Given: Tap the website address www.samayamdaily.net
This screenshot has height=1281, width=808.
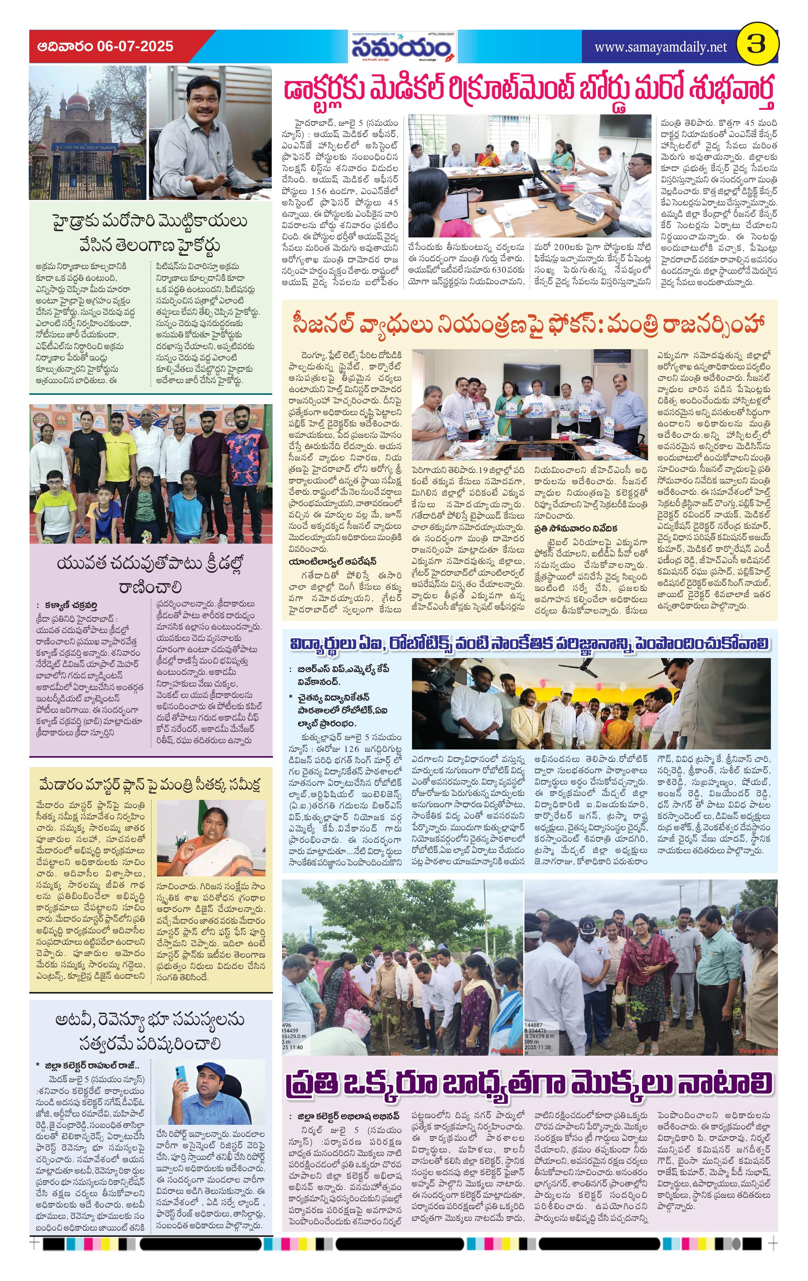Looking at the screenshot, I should pyautogui.click(x=660, y=47).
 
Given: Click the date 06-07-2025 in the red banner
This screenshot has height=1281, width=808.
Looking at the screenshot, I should pyautogui.click(x=136, y=46).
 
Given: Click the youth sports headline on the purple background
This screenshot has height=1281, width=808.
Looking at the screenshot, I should pyautogui.click(x=150, y=576).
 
